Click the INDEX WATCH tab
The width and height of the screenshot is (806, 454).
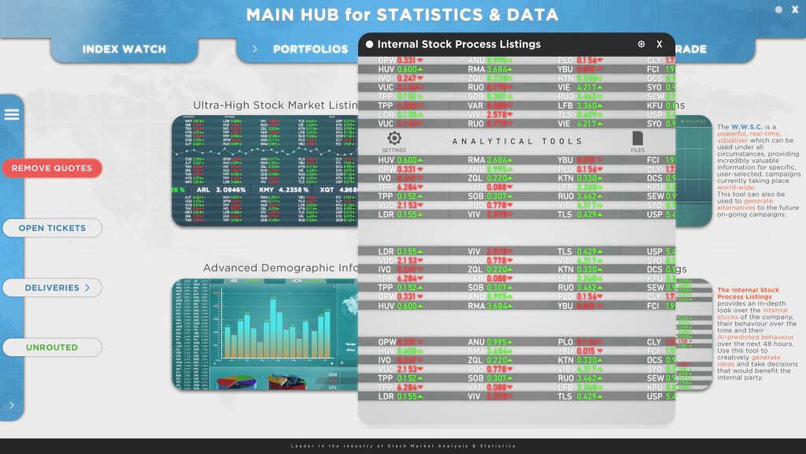pos(124,49)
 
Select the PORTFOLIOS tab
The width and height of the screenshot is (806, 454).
pos(310,49)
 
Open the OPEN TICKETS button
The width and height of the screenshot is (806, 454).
pos(52,228)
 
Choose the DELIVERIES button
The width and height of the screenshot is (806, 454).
pos(52,288)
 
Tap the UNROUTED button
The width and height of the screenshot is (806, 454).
pos(52,347)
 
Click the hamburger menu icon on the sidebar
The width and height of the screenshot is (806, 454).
pos(11,114)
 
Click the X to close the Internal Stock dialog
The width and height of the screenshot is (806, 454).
pos(660,45)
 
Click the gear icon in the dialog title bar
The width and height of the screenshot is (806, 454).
pos(641,45)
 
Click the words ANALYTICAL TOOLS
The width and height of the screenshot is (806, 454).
pos(516,142)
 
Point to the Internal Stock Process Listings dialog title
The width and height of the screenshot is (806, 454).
pos(459,45)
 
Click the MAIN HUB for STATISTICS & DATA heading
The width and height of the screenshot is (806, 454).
pos(402,15)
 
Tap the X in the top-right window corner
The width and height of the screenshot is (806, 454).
pos(794,10)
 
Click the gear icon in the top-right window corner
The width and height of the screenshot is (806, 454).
pos(778,10)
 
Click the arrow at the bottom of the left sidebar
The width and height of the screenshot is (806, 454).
pos(12,405)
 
